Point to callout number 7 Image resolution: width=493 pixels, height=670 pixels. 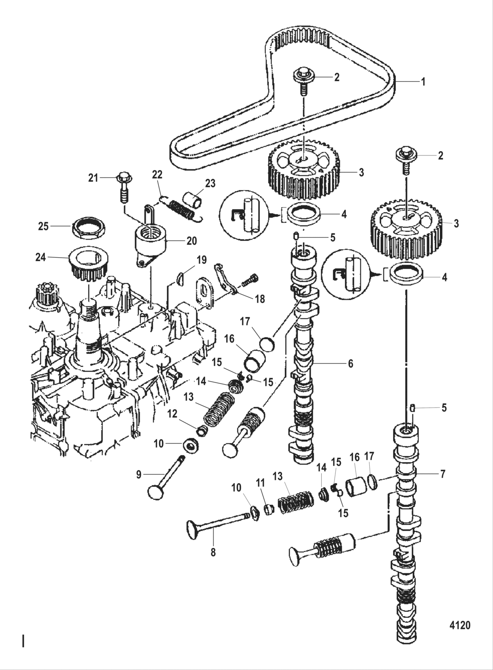[442, 474]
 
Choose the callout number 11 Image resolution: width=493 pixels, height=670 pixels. [260, 483]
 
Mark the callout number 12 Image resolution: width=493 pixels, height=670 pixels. [172, 414]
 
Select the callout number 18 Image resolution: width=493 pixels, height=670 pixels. [260, 299]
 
